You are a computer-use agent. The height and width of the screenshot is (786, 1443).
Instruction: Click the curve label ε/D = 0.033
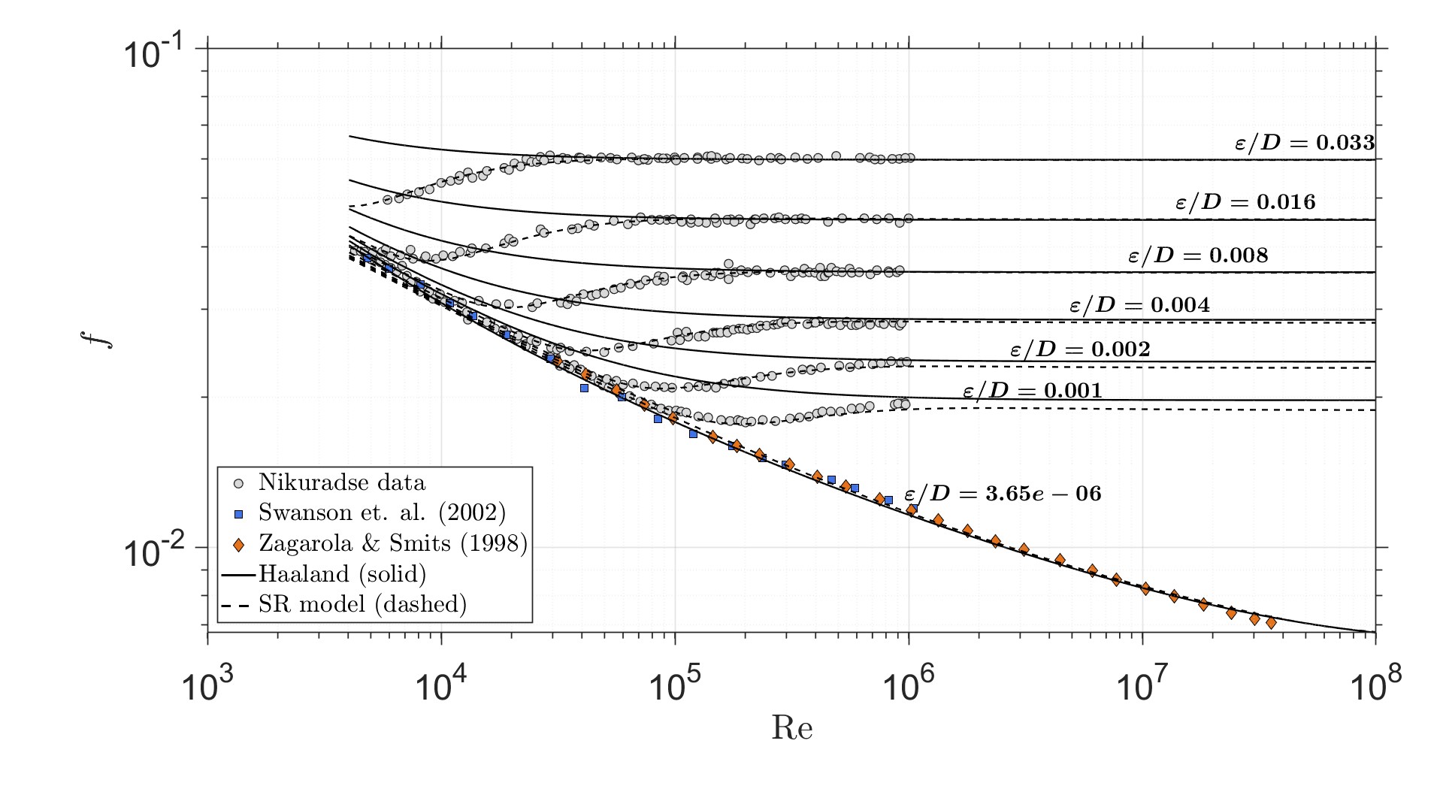(x=1305, y=143)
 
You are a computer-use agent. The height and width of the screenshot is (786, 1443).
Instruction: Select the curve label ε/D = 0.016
(x=1245, y=202)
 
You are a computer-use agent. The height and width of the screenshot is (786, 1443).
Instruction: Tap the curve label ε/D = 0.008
(x=1198, y=255)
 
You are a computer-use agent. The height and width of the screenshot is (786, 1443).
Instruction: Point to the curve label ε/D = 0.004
(x=1139, y=305)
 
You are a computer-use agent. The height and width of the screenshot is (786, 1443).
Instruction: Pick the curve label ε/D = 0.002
(x=1080, y=349)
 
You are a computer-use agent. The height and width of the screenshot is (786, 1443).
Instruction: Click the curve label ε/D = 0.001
(x=1032, y=391)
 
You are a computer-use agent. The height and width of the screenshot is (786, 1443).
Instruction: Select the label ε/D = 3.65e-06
(x=1002, y=494)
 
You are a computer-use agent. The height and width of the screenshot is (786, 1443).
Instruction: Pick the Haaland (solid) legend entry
(x=342, y=574)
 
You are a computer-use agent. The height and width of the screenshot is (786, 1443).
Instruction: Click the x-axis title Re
(x=791, y=728)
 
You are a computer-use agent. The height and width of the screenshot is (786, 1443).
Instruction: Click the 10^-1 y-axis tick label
(x=155, y=54)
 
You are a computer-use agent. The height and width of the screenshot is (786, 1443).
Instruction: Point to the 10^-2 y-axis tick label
(x=155, y=553)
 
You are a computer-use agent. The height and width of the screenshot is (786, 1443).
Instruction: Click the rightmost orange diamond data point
(x=1271, y=623)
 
